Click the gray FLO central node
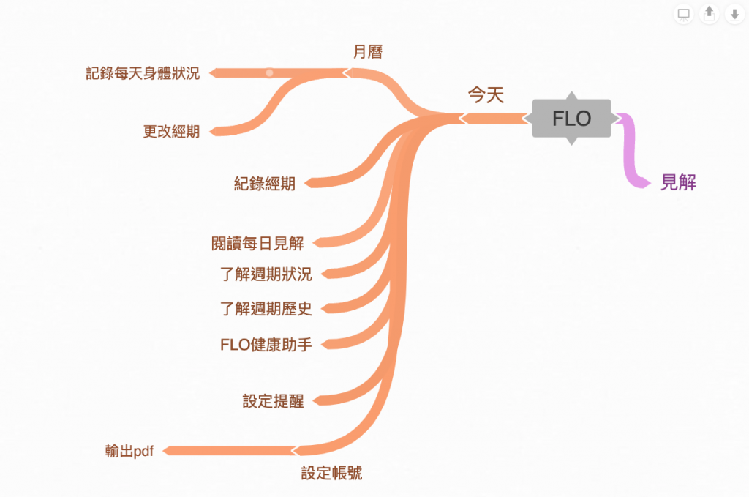571,119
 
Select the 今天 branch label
486,95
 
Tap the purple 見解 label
678,182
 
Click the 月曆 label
368,52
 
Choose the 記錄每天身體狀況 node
143,73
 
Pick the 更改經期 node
171,132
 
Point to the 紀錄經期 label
265,184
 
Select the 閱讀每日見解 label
257,243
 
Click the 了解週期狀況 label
266,274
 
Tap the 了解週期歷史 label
266,309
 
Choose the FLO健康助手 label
266,344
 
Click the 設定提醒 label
273,401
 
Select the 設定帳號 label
331,474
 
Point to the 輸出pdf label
129,451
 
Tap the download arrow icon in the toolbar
734,14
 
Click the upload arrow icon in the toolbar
709,14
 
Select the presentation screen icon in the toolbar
684,14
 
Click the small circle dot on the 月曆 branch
269,72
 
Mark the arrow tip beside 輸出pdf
166,450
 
